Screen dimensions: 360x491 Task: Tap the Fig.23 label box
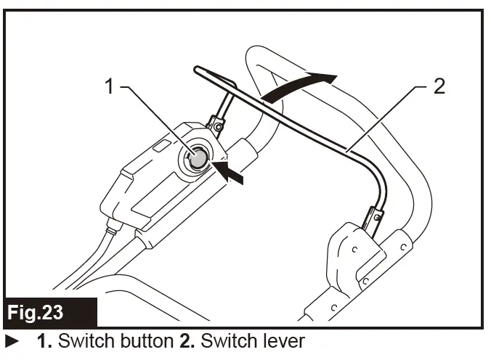pos(49,313)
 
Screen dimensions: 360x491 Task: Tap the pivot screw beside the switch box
pos(218,128)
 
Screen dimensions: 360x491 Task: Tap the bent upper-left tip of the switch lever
pos(208,73)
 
